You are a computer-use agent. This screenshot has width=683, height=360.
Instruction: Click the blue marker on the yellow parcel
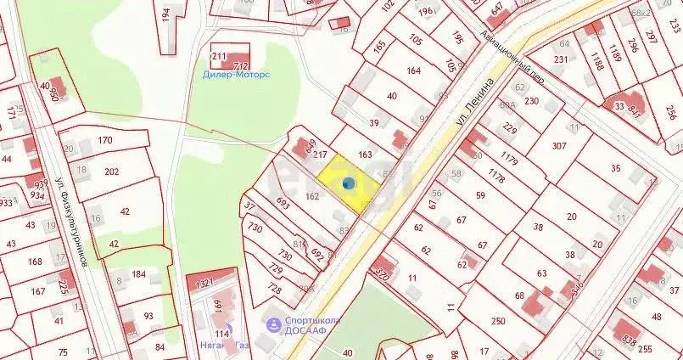coord(348,183)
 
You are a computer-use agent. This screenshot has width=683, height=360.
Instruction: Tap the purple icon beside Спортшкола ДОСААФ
coord(274,324)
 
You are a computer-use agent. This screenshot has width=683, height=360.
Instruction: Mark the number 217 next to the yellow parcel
coord(320,155)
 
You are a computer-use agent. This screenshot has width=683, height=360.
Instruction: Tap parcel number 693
coord(283,202)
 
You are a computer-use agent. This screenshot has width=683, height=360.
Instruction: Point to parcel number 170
coord(105,140)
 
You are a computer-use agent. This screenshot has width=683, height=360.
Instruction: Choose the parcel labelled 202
coord(111,172)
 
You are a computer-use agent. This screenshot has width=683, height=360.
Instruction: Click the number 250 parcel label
coord(497,321)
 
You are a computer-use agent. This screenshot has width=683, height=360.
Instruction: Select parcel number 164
coord(413,70)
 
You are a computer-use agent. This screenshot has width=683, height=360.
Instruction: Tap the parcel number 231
coord(561,59)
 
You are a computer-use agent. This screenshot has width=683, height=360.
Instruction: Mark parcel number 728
coord(275,289)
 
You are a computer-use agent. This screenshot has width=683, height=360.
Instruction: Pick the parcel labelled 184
coord(138,274)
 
